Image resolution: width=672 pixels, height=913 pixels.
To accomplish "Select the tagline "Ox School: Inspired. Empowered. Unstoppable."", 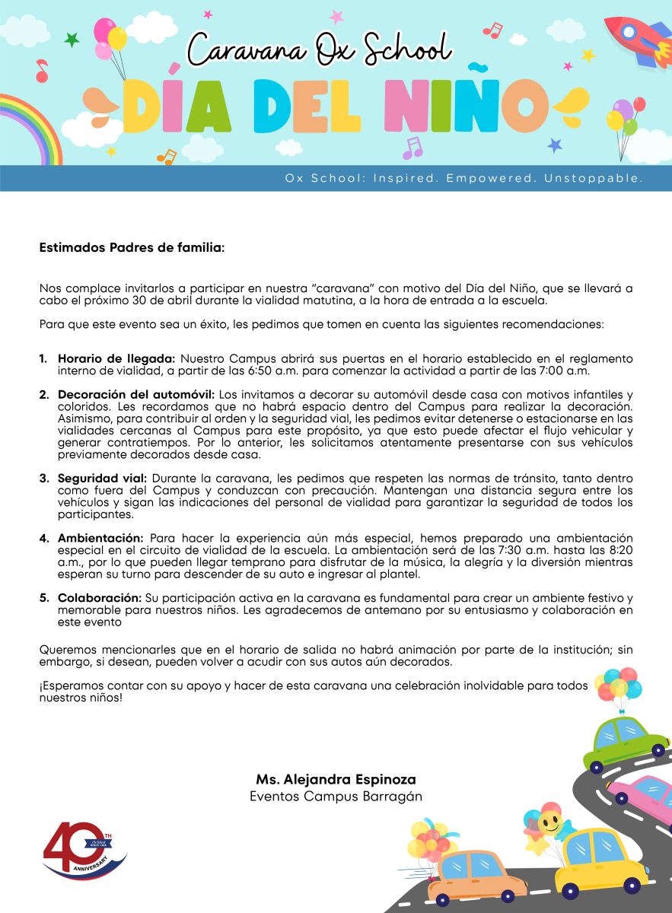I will (464, 178).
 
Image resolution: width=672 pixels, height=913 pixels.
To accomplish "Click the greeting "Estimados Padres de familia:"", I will (132, 247).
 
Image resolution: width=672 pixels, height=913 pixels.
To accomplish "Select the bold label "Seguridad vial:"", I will (103, 478).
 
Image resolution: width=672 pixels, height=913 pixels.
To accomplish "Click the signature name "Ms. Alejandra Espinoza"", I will (336, 780).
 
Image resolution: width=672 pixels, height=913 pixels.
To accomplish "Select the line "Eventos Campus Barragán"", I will (336, 797).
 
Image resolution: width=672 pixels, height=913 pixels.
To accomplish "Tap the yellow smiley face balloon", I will (549, 822).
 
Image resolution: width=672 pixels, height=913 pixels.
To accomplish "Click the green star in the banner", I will (72, 39).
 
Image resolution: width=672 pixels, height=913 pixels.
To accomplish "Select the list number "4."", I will (44, 538).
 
